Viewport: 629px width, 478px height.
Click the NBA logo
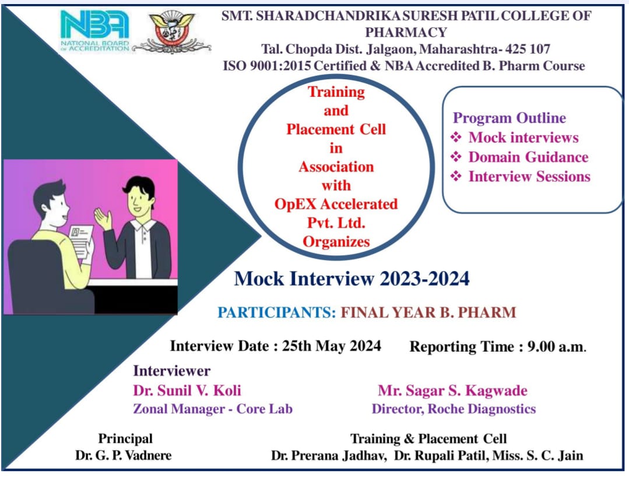[x=94, y=30]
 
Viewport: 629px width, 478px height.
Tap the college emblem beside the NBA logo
[x=172, y=31]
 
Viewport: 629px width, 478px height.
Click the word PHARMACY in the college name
[x=406, y=32]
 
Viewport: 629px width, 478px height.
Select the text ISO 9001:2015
[x=267, y=66]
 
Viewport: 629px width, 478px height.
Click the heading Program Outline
[x=509, y=118]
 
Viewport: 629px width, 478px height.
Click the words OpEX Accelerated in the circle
[x=336, y=204]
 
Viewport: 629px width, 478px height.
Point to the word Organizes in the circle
[x=336, y=242]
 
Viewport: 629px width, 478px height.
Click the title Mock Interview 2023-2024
[x=352, y=279]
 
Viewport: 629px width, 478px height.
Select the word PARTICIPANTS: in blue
[x=277, y=312]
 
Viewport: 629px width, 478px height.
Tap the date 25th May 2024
[x=331, y=346]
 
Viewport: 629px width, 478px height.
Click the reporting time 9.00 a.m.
[x=557, y=346]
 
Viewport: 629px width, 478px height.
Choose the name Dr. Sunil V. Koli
[x=187, y=390]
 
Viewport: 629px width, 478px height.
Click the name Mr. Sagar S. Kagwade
[x=452, y=391]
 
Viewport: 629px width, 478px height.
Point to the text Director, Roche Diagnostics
[x=454, y=409]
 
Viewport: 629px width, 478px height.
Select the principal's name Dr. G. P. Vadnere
[x=123, y=455]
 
